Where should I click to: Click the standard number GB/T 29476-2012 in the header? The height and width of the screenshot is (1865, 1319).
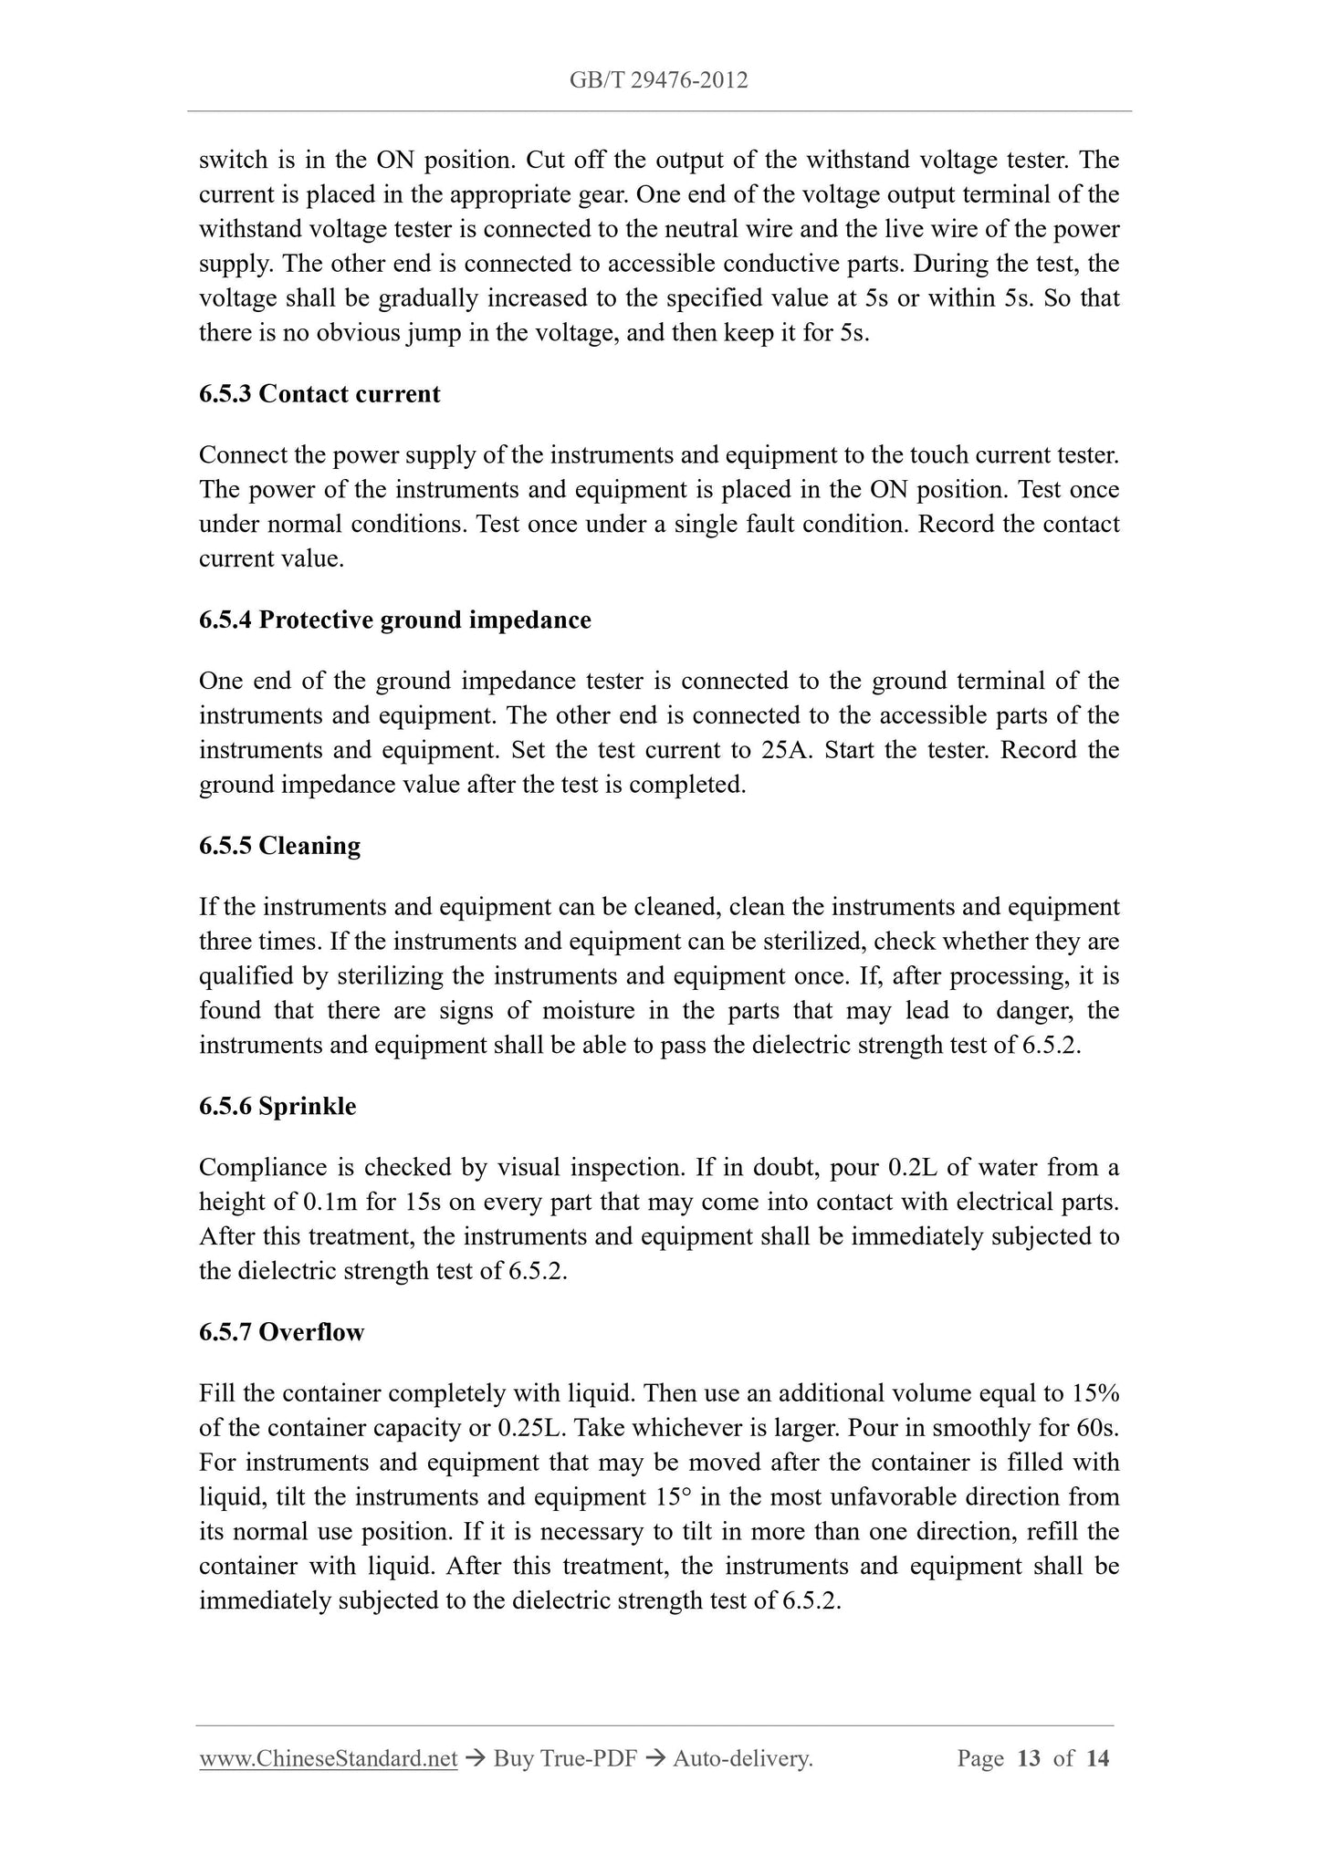(x=658, y=80)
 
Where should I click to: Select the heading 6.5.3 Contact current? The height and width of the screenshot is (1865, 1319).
(x=319, y=394)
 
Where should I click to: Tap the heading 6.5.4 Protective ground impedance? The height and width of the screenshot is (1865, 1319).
(x=394, y=620)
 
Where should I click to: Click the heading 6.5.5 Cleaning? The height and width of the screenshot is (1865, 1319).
(x=279, y=846)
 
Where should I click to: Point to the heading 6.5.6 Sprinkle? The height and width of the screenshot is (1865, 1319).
(x=277, y=1107)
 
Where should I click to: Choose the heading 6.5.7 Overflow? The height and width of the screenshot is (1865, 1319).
(x=281, y=1332)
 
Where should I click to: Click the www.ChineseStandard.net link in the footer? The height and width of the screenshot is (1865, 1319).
(x=328, y=1758)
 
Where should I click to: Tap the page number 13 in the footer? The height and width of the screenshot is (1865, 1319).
(x=1029, y=1758)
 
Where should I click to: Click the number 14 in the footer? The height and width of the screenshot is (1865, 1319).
(x=1097, y=1758)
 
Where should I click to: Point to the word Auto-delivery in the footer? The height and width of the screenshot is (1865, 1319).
(x=741, y=1758)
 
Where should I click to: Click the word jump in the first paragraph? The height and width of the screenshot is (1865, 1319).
(x=434, y=333)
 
